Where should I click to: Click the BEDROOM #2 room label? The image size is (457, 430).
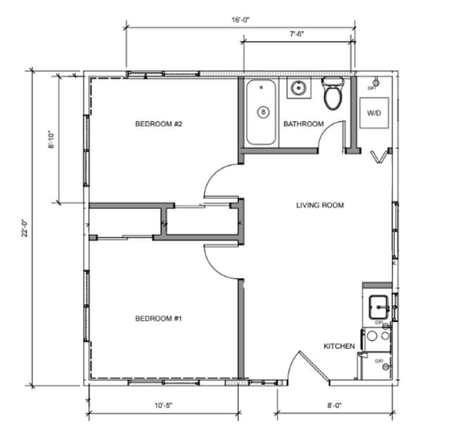[159, 124]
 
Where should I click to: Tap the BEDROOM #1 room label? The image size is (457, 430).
[159, 319]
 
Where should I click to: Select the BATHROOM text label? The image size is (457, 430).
[303, 125]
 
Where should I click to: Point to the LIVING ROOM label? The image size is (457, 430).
[319, 205]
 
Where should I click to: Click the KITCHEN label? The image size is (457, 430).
[338, 346]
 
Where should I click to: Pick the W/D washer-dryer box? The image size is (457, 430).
[373, 113]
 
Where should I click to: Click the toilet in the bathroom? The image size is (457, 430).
[333, 93]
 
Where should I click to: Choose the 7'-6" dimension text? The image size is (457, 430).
[298, 33]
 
